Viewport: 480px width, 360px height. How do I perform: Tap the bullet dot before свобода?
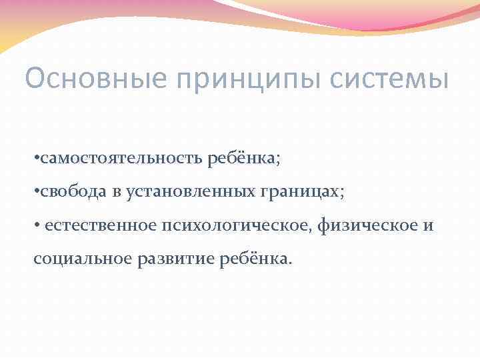point(35,193)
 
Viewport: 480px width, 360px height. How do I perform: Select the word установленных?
point(187,193)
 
